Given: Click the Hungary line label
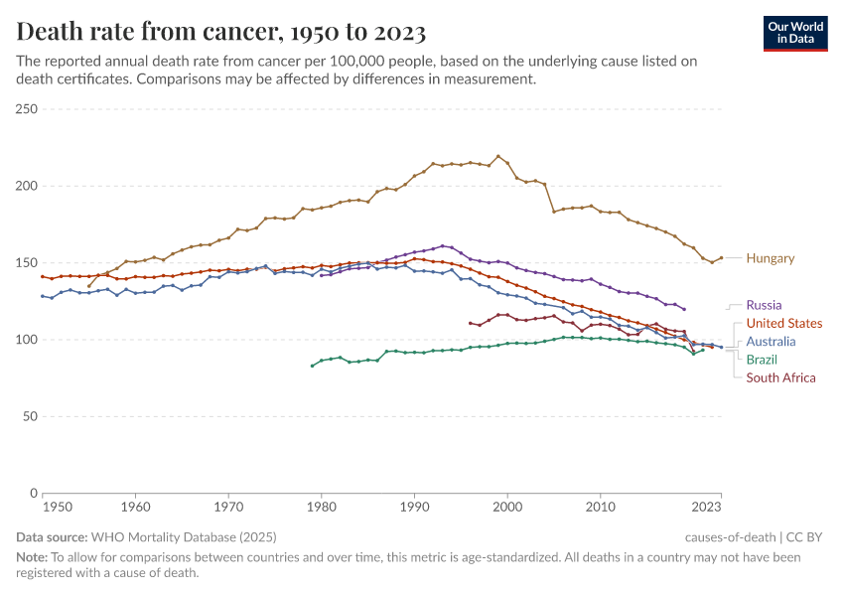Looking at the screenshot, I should (x=771, y=258).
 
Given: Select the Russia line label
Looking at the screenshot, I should (x=764, y=305).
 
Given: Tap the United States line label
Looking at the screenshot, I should (x=783, y=323).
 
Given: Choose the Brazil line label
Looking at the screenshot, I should (x=762, y=359).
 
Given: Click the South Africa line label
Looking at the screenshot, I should (x=780, y=377).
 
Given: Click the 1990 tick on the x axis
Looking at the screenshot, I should (x=414, y=508).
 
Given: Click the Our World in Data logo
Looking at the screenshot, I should (x=795, y=33).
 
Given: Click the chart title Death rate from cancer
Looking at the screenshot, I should (x=221, y=33).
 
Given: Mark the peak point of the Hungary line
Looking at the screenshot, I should (x=498, y=156).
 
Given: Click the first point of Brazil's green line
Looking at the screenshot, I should (x=313, y=366).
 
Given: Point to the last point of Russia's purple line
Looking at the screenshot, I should (x=684, y=309).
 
